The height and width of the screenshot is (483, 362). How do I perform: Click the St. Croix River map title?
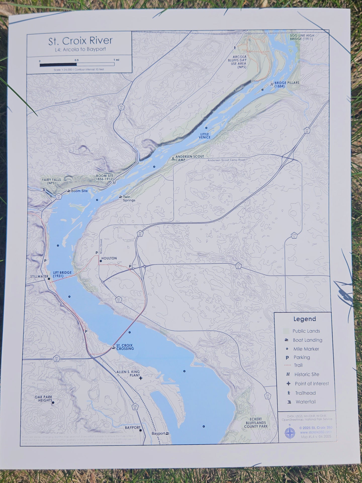pos(80,41)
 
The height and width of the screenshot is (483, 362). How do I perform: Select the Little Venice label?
pos(204,136)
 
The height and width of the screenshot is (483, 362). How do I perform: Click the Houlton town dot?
pos(101,261)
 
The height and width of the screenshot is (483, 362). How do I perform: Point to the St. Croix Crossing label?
pos(125,347)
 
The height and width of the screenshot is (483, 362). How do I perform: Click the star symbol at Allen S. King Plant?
pos(141,378)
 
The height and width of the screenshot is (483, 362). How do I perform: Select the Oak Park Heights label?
pos(43,398)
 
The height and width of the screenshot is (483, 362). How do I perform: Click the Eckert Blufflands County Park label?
pos(255,423)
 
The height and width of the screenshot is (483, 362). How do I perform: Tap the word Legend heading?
pos(304,319)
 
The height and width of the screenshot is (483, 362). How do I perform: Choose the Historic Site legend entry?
pos(307,374)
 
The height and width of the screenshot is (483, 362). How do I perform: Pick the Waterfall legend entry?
pos(305,402)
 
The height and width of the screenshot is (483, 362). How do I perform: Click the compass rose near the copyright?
pos(290,433)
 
